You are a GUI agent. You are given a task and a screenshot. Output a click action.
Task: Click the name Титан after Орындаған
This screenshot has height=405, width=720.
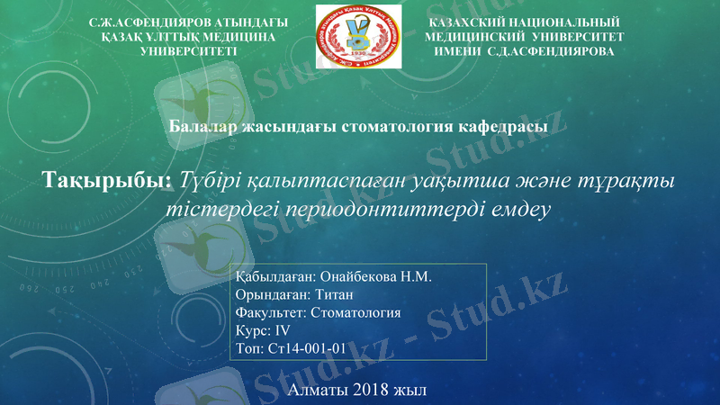click(333, 295)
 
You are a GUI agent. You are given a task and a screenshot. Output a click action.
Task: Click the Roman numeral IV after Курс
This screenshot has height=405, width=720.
click(283, 331)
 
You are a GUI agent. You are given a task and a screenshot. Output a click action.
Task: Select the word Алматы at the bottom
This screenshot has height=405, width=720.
click(319, 391)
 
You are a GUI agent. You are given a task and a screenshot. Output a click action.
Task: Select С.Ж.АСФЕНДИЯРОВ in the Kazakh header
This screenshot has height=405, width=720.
click(145, 22)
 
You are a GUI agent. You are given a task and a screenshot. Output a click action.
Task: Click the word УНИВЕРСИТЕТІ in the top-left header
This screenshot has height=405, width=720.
click(190, 51)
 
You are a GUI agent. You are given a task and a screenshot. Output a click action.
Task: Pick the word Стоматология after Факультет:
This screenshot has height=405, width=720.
click(355, 313)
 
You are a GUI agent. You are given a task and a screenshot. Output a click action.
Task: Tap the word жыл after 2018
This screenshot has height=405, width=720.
click(410, 391)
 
